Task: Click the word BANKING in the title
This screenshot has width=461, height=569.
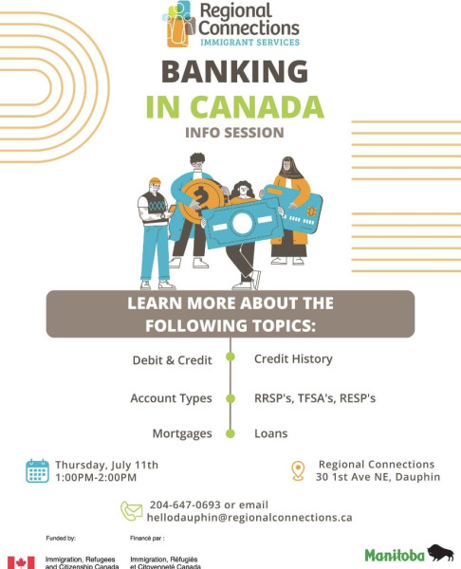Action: pyautogui.click(x=234, y=71)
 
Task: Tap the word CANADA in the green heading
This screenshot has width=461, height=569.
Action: pyautogui.click(x=257, y=106)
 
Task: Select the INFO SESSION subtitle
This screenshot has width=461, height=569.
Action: pyautogui.click(x=234, y=133)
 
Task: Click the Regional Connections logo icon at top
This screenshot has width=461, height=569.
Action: pyautogui.click(x=179, y=24)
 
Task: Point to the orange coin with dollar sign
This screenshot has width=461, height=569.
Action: pyautogui.click(x=201, y=200)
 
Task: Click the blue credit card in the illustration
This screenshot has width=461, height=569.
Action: pyautogui.click(x=295, y=209)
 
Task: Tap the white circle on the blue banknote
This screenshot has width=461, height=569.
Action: pyautogui.click(x=242, y=223)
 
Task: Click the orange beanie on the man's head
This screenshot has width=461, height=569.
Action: pyautogui.click(x=155, y=181)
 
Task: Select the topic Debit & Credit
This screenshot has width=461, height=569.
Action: pyautogui.click(x=172, y=360)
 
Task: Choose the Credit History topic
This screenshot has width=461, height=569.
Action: pyautogui.click(x=293, y=358)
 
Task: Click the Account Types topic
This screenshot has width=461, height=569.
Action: pyautogui.click(x=171, y=398)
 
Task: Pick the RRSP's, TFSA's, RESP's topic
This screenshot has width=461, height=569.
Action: pyautogui.click(x=315, y=398)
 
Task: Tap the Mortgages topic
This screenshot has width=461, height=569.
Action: pyautogui.click(x=182, y=433)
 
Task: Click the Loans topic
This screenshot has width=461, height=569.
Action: pyautogui.click(x=270, y=433)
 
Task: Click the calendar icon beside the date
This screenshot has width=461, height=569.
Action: pyautogui.click(x=37, y=470)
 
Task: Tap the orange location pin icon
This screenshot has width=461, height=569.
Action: pyautogui.click(x=298, y=471)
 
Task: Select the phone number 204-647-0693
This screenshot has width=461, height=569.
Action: pyautogui.click(x=185, y=505)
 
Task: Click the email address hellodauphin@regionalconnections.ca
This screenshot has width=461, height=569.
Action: pyautogui.click(x=249, y=518)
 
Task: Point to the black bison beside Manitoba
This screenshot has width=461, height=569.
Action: pyautogui.click(x=440, y=553)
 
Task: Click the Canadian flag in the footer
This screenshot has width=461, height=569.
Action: pyautogui.click(x=22, y=562)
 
